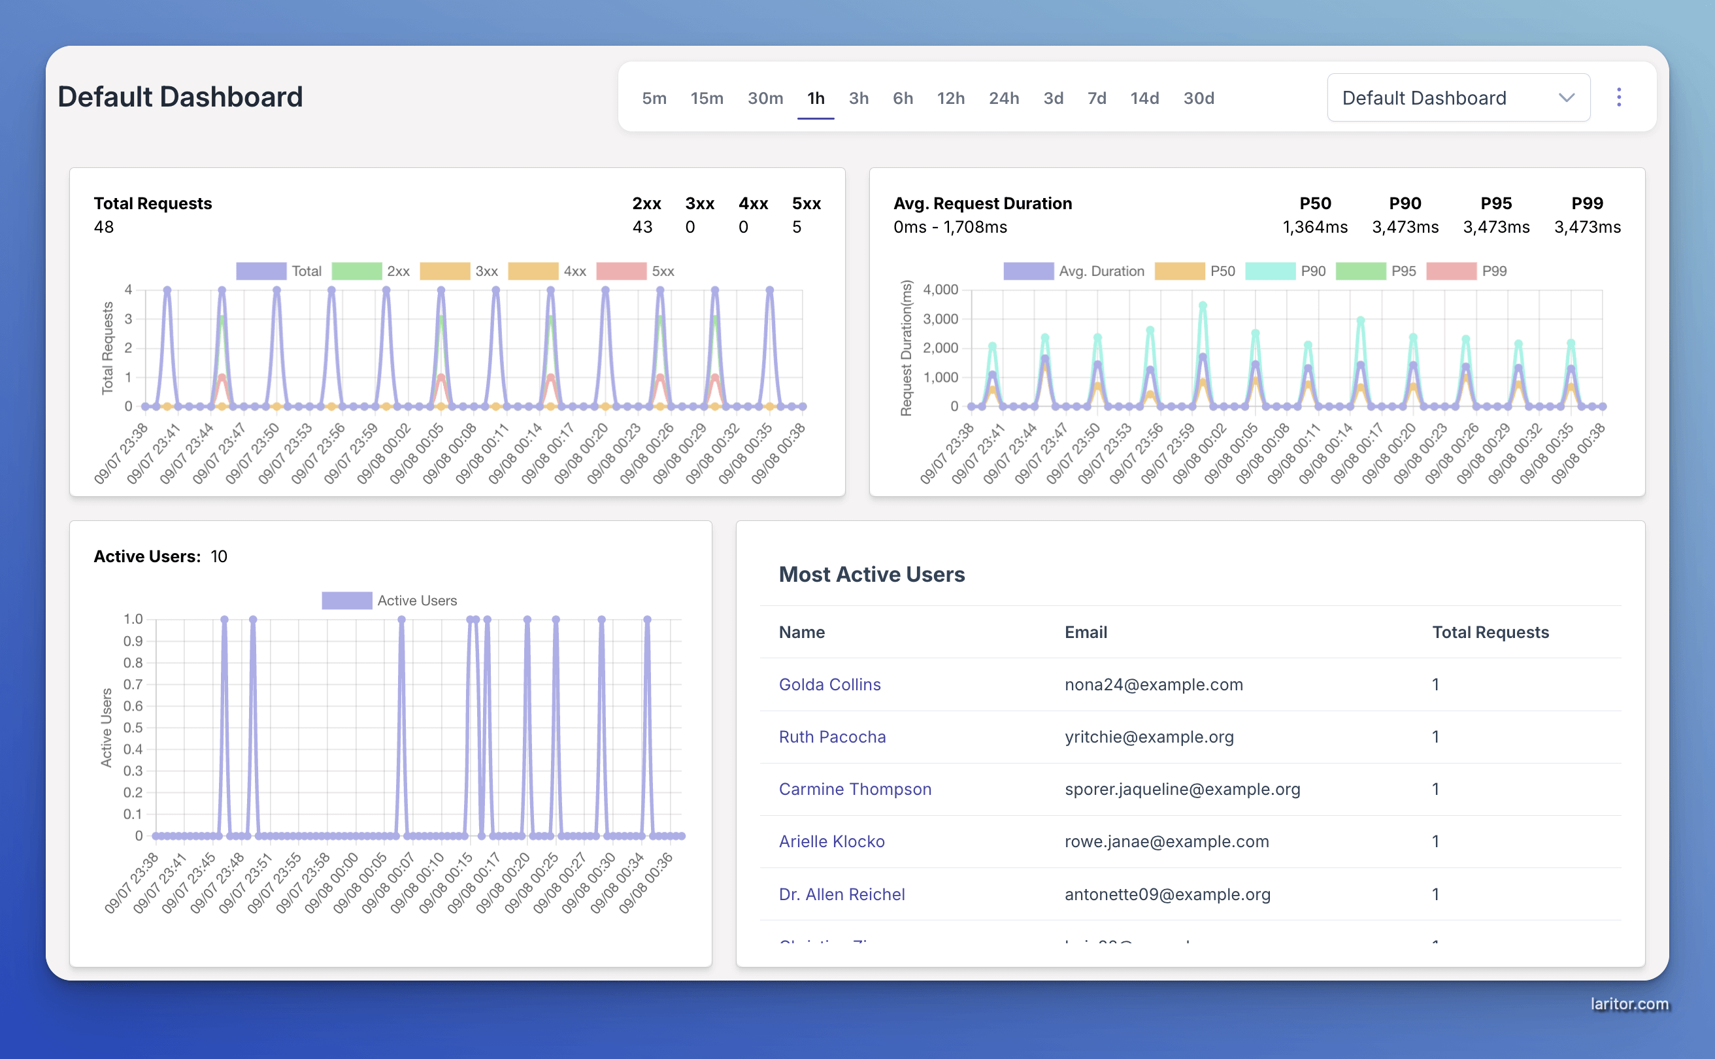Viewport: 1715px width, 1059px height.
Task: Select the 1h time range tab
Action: pos(815,98)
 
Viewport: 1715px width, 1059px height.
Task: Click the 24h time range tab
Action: pos(1003,98)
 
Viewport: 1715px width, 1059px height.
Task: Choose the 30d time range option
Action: pos(1198,98)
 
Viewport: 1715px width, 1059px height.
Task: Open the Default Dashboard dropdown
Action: pos(1457,98)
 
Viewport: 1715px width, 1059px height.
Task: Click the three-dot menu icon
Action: pos(1618,97)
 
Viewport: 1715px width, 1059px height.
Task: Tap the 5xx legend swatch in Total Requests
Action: pos(621,271)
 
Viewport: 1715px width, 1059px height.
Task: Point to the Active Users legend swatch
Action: pos(346,600)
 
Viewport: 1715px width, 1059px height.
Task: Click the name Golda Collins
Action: pos(829,684)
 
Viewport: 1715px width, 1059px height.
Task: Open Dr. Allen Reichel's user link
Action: pos(841,894)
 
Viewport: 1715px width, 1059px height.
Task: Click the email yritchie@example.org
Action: pos(1148,737)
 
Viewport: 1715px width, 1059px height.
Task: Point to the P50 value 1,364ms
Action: pos(1314,227)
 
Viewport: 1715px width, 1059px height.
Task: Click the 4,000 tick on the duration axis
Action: pos(940,289)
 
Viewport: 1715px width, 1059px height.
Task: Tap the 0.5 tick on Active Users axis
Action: pos(133,727)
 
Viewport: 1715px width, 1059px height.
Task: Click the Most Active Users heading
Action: pos(871,575)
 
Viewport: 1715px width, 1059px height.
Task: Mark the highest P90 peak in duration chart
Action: pos(1203,305)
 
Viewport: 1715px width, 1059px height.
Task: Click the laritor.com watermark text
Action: pos(1629,1003)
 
